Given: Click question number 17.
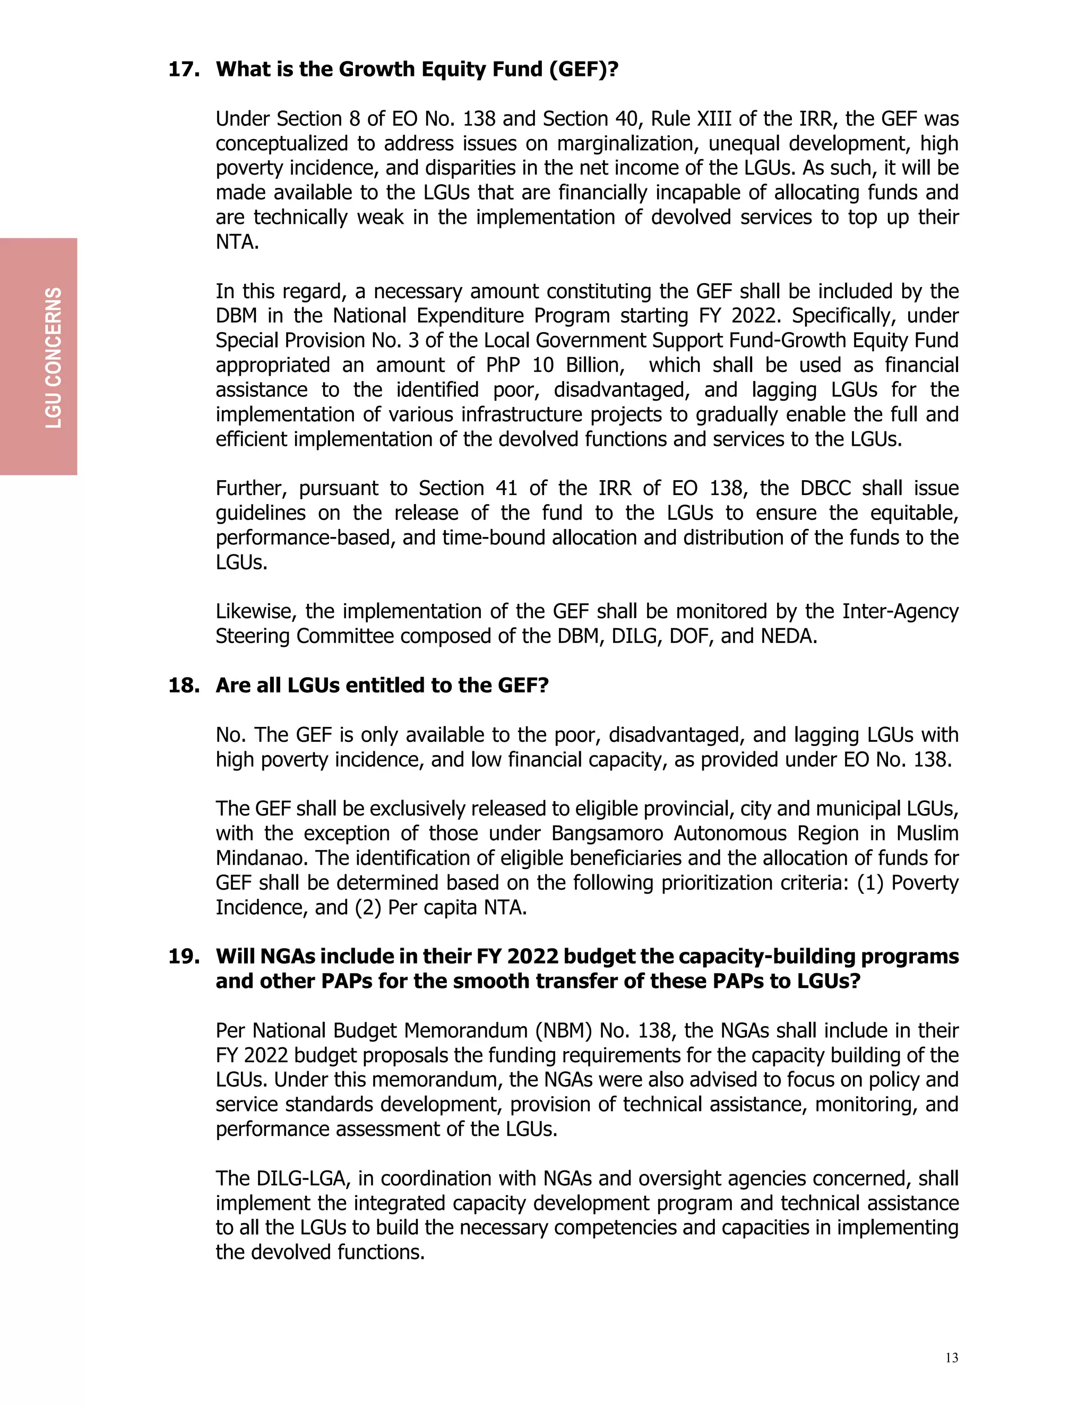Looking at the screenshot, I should (184, 70).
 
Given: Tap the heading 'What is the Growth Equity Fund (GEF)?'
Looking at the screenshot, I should (417, 70).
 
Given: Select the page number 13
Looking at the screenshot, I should (951, 1358).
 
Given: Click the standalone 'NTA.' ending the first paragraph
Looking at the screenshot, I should (237, 242).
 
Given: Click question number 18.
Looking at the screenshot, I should (184, 685).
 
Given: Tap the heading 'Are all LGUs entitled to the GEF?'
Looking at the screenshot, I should (382, 685).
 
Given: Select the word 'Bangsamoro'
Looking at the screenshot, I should (607, 834).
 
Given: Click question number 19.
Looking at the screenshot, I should (184, 957).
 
